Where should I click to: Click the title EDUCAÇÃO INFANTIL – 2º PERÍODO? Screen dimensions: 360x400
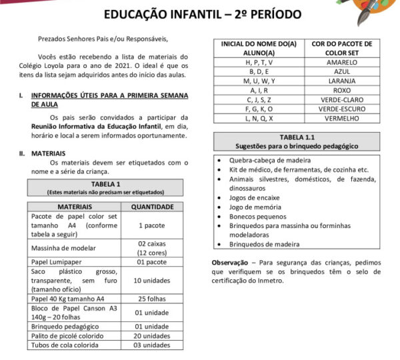click(203, 14)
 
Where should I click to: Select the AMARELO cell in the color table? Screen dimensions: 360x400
click(342, 62)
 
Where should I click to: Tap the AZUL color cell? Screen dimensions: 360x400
click(342, 71)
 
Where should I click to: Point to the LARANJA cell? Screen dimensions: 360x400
click(342, 81)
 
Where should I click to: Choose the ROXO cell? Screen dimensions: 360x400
click(342, 90)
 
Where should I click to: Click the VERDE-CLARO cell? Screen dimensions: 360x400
click(342, 99)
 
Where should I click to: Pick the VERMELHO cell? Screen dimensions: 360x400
click(342, 118)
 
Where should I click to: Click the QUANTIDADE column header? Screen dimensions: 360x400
click(152, 207)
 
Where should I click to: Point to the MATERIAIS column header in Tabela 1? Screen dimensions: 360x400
click(75, 207)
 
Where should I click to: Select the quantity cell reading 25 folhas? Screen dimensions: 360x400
click(152, 299)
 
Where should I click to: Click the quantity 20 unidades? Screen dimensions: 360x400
click(152, 335)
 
